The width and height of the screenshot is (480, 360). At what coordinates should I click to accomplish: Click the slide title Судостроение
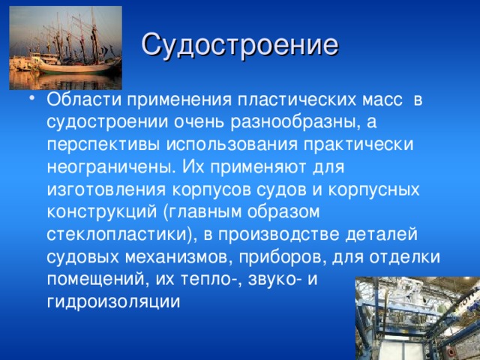pyautogui.click(x=239, y=45)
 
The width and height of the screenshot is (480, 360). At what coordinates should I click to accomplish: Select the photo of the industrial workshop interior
pyautogui.click(x=417, y=318)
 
